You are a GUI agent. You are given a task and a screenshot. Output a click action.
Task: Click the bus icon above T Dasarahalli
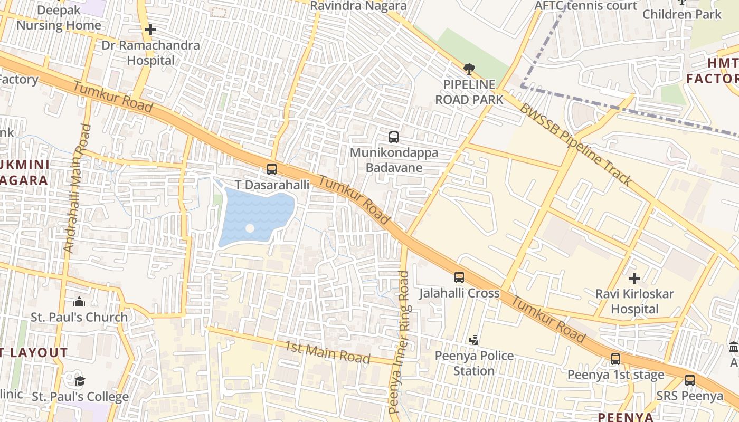[272, 169]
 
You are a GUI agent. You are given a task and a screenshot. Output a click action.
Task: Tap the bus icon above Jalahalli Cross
[459, 277]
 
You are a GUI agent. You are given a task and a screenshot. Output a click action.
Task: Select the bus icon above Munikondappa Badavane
[394, 137]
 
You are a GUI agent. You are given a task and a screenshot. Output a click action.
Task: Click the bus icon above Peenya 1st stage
[615, 359]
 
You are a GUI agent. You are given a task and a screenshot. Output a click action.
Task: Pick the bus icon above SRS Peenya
[690, 380]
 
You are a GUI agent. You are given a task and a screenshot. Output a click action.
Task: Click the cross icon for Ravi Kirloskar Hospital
[634, 278]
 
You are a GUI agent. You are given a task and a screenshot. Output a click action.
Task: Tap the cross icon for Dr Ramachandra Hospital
[150, 30]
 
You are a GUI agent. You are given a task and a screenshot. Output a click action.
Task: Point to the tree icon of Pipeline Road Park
[469, 69]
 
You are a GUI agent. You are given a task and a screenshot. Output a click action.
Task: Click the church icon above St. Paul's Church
[79, 302]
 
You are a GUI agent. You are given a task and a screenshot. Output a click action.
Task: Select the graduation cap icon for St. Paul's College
[80, 381]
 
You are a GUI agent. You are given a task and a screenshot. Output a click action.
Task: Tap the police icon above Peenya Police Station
[474, 340]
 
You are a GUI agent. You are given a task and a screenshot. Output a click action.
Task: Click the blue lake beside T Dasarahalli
[256, 216]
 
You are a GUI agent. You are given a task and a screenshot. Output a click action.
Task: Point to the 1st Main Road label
[327, 352]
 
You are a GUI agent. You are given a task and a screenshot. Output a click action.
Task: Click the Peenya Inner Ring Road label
[399, 342]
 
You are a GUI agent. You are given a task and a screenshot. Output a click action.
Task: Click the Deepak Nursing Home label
[58, 18]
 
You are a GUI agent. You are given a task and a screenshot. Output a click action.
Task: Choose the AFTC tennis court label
[586, 6]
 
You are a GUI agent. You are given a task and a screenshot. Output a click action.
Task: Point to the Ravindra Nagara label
[358, 6]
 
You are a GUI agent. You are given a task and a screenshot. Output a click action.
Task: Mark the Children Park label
[681, 14]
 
